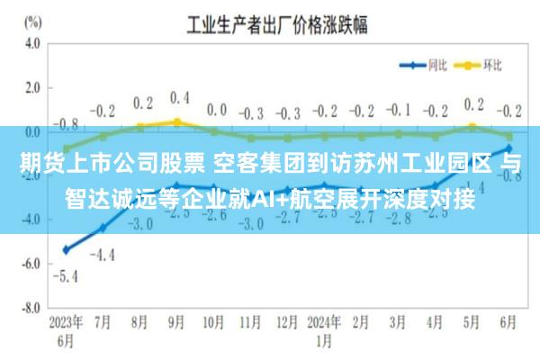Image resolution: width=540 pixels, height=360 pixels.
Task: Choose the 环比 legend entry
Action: pyautogui.click(x=481, y=64)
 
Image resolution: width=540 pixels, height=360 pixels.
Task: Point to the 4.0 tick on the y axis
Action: pyautogui.click(x=32, y=43)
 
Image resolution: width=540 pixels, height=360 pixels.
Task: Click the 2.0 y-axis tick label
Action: pyautogui.click(x=32, y=87)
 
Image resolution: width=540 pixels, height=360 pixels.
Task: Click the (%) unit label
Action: pyautogui.click(x=32, y=19)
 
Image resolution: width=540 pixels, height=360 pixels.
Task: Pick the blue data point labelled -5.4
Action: pyautogui.click(x=66, y=249)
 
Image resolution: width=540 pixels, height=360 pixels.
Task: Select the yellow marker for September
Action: pyautogui.click(x=177, y=121)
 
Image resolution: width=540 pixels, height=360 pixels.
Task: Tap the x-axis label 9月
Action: pyautogui.click(x=177, y=322)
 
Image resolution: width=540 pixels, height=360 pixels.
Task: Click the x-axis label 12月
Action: pyautogui.click(x=288, y=322)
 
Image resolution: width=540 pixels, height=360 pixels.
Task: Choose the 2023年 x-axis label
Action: pyautogui.click(x=66, y=322)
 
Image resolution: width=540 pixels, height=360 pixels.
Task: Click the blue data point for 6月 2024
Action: pyautogui.click(x=509, y=148)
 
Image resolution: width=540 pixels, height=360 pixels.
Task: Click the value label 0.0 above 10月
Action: pyautogui.click(x=216, y=110)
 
